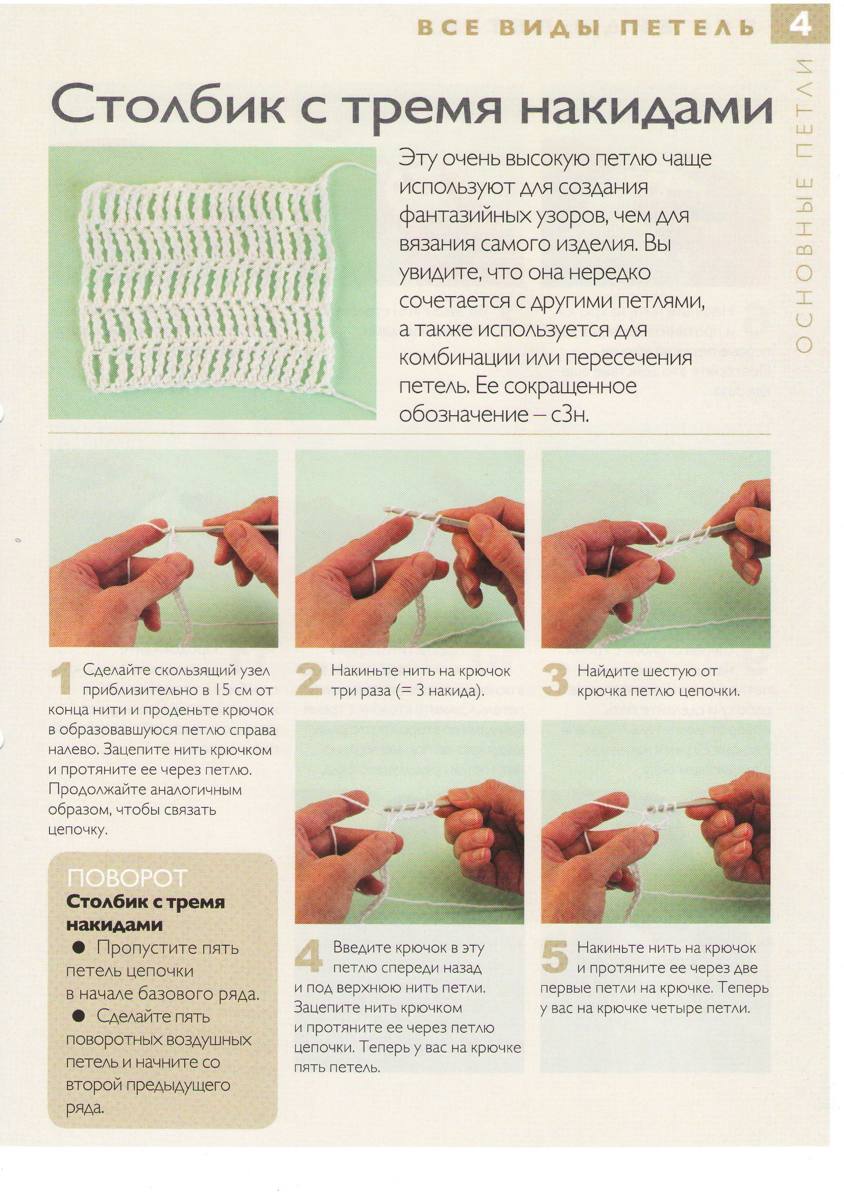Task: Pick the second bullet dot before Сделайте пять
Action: tap(78, 1016)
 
